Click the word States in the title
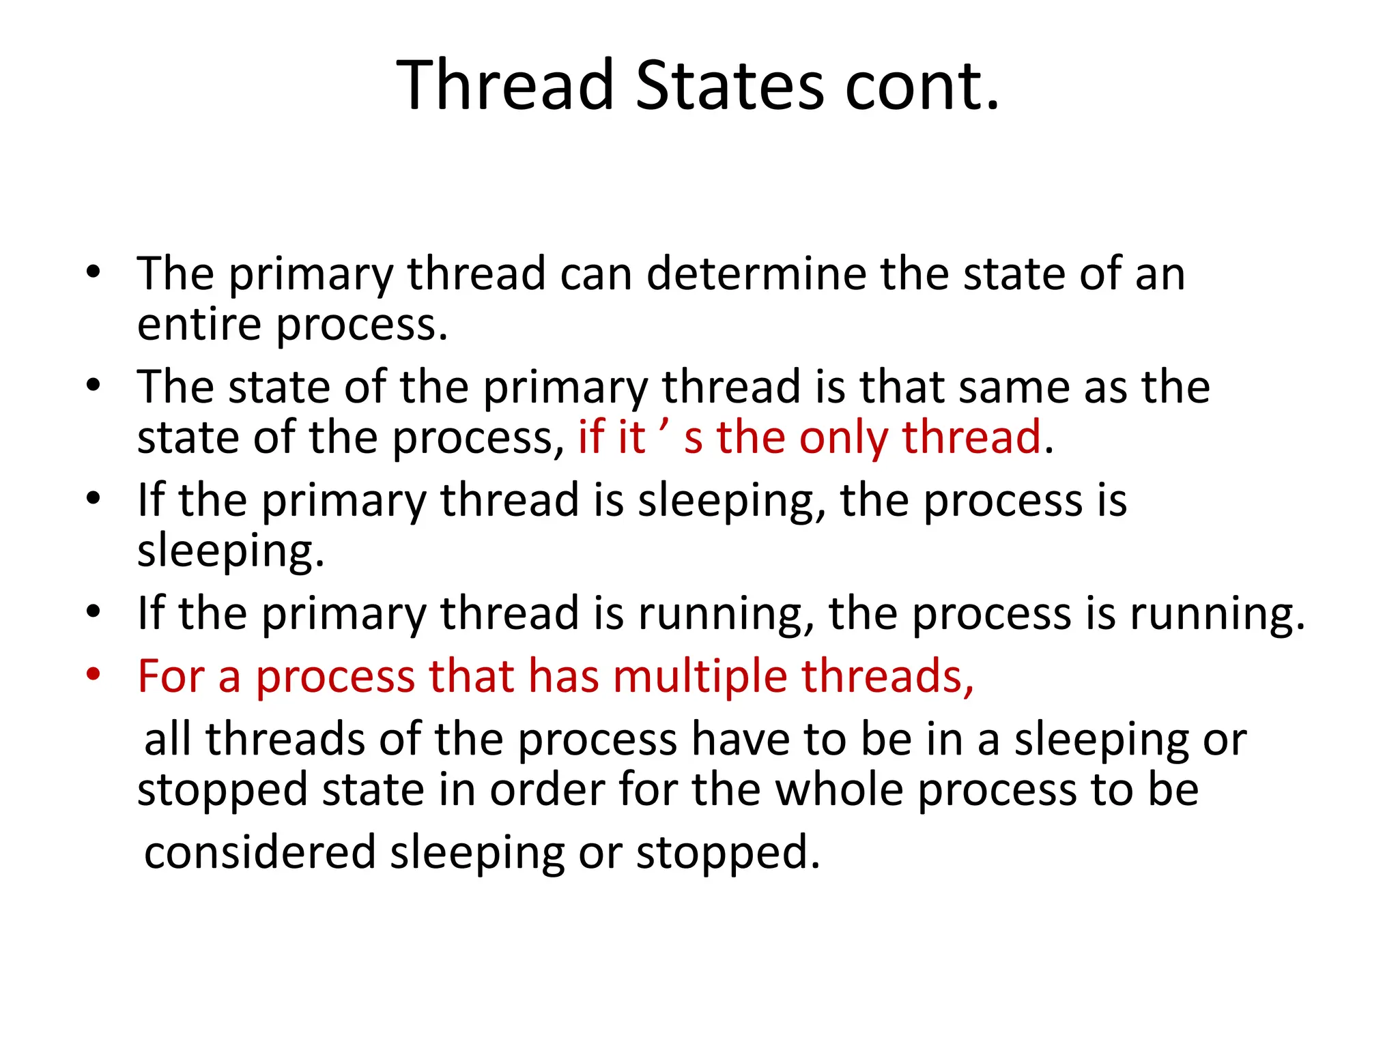730,85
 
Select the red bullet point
94,675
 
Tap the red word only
843,437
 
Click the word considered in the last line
259,852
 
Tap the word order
547,789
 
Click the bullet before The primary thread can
94,273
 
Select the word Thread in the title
505,85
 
